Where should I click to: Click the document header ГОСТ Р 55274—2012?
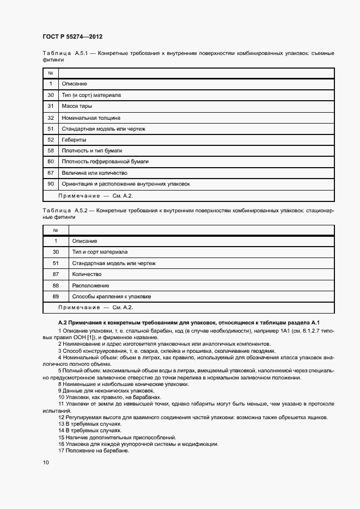click(72, 36)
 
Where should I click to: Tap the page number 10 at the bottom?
click(46, 462)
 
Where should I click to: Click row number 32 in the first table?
click(50, 118)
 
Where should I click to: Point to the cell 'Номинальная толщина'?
click(91, 118)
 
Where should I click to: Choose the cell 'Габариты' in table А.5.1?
click(74, 140)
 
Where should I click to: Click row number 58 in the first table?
click(50, 151)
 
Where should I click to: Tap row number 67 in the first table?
click(50, 173)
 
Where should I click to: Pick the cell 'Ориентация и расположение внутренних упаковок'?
click(126, 184)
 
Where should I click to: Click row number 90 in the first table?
click(50, 184)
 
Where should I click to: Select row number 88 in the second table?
click(56, 285)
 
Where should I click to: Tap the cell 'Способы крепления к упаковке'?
click(111, 297)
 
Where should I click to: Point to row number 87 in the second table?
click(56, 274)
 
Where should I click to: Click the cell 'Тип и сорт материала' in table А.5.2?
click(100, 252)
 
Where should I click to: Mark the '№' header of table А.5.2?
click(56, 230)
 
